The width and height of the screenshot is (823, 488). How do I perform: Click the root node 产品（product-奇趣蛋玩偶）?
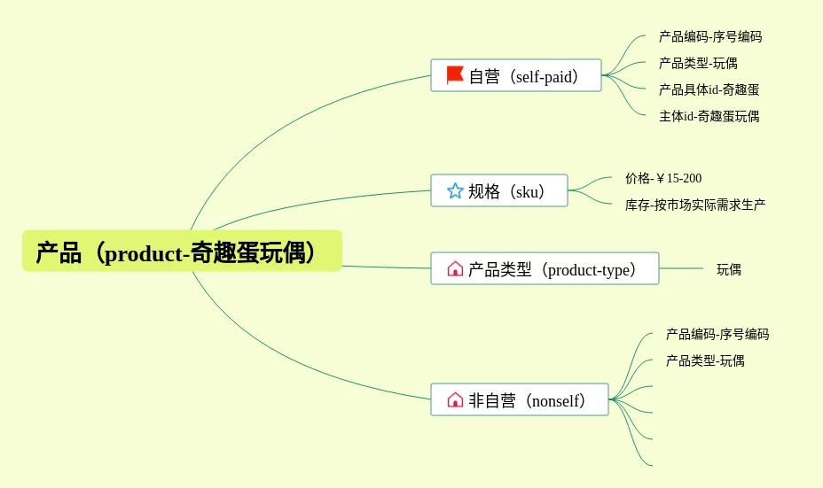182,251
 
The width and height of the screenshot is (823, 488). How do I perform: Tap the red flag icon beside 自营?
455,75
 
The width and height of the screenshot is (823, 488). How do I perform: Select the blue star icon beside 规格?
455,190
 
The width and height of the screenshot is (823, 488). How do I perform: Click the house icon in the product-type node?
455,268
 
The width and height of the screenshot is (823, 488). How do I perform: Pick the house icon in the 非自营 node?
455,399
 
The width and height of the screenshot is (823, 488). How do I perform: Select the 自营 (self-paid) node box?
516,75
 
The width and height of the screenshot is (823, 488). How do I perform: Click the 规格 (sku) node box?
499,190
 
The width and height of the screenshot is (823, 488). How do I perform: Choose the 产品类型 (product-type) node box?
545,268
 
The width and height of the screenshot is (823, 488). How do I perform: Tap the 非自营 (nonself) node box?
520,399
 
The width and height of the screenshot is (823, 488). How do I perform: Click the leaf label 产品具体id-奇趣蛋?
709,89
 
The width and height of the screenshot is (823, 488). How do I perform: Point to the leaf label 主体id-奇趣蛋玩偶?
709,116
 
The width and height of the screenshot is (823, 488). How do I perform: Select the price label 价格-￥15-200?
663,178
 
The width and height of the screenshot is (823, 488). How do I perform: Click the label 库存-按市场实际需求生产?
695,205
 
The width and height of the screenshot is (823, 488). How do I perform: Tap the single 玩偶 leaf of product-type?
729,269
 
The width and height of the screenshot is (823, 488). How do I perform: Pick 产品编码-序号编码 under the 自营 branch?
710,36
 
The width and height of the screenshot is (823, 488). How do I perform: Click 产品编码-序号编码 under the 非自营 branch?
717,334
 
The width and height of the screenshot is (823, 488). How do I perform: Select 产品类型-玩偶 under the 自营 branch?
698,64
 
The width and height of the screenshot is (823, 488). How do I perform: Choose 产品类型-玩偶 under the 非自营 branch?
705,360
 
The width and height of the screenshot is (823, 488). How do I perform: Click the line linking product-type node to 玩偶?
681,268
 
